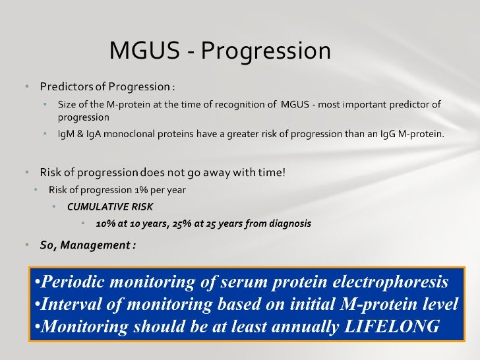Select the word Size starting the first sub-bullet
[66, 104]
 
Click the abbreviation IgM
[67, 135]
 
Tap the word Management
[96, 245]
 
